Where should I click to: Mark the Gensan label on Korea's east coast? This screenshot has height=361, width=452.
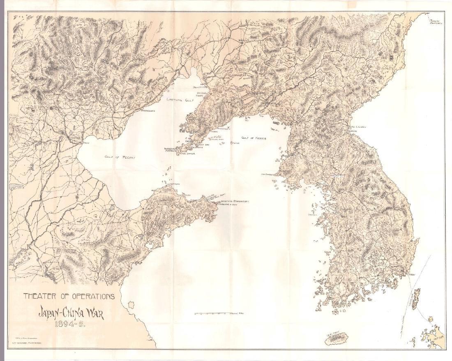tap(352, 131)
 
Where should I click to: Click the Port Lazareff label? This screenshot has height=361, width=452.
tap(357, 127)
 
